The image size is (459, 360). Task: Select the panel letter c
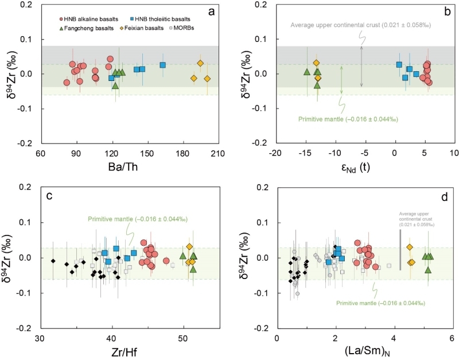(x=49, y=196)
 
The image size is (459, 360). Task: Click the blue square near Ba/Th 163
(x=162, y=65)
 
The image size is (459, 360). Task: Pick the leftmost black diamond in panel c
(x=53, y=261)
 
